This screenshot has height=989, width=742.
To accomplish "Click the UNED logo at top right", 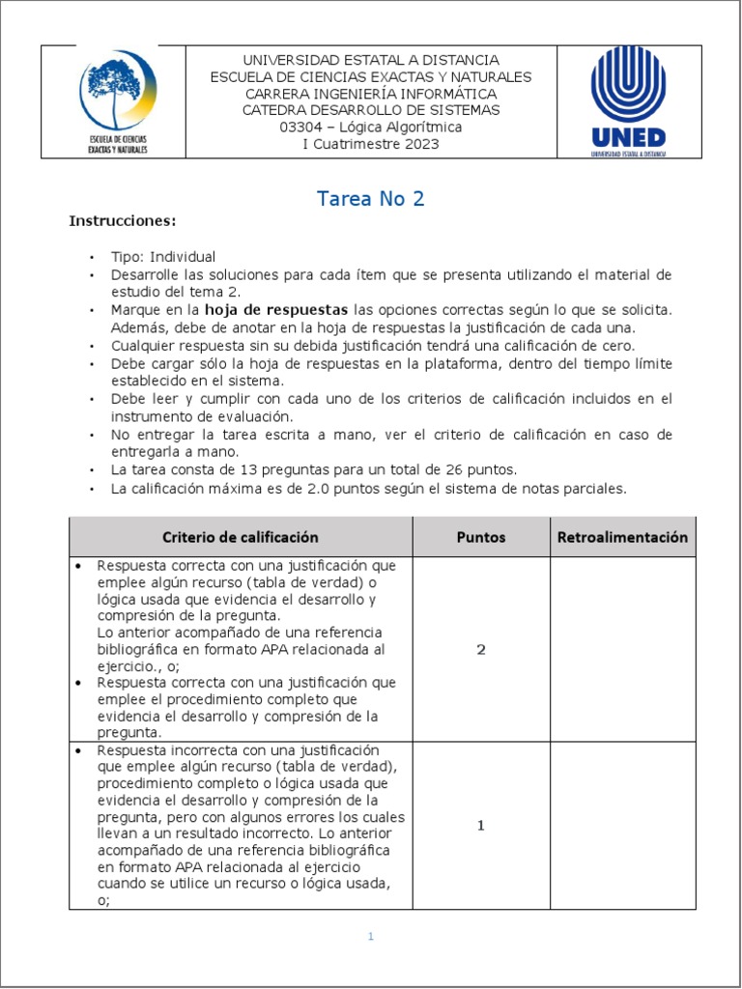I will [x=628, y=100].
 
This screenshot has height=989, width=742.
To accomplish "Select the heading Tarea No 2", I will [x=371, y=199].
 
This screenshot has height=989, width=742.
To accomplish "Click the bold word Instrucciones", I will [x=122, y=221].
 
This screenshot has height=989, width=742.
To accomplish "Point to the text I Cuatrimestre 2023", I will [x=371, y=144].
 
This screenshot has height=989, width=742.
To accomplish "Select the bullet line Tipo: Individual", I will [x=163, y=257].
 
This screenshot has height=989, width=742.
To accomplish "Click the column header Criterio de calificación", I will [x=240, y=537].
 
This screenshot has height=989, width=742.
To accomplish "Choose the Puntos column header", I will [x=480, y=537].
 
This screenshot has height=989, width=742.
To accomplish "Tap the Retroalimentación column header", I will [x=622, y=537].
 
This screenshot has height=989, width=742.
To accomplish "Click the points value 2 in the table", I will [x=480, y=649].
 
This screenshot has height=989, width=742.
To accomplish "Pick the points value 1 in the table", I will [x=480, y=825].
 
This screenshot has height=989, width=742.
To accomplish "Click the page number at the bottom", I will [x=370, y=936].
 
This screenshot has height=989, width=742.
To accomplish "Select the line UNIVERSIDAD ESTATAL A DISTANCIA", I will [x=371, y=61].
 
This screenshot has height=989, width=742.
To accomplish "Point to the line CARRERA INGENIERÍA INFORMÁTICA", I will [x=371, y=94].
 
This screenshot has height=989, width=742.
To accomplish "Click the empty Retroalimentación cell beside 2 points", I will [x=622, y=649].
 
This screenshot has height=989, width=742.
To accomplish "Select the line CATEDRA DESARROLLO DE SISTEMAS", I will [x=371, y=110].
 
